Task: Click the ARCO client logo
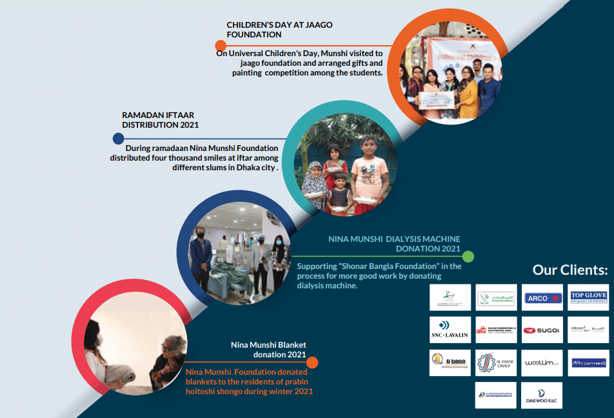click(x=542, y=297)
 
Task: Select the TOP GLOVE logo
click(x=589, y=297)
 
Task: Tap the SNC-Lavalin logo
click(x=450, y=330)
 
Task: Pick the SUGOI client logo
click(x=542, y=330)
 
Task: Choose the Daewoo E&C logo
click(x=542, y=395)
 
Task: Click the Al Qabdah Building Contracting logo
click(x=450, y=363)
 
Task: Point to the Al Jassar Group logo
click(x=496, y=363)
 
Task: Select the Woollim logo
click(x=542, y=363)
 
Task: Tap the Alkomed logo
click(x=588, y=363)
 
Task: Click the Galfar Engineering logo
click(x=496, y=330)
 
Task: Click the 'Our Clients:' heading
click(x=570, y=270)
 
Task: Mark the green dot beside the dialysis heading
click(x=468, y=256)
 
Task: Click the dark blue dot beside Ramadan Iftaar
click(x=118, y=138)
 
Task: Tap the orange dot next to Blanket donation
click(x=312, y=363)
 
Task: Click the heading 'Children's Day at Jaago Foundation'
click(x=279, y=29)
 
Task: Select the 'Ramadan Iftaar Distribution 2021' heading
click(x=160, y=120)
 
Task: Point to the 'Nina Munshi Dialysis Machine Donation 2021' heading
click(x=394, y=243)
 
